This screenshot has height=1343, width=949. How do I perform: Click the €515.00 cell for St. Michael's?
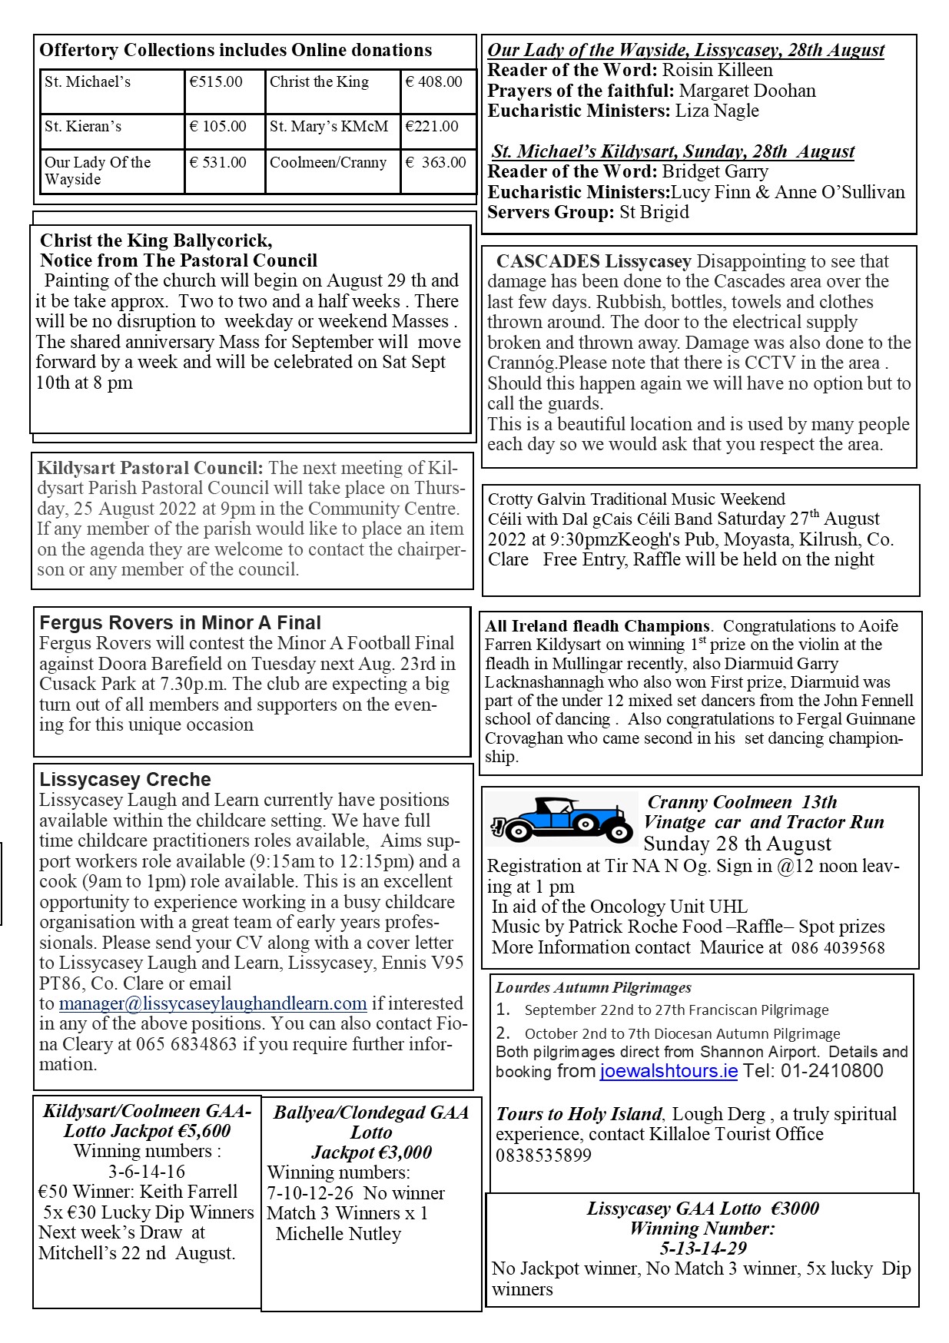point(217,82)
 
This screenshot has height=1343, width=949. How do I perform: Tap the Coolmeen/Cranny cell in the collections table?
point(328,163)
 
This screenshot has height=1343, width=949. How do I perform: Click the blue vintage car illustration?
point(560,821)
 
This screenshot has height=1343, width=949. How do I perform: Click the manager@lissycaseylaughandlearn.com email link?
point(213,1004)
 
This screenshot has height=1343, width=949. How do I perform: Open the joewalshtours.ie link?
point(669,1071)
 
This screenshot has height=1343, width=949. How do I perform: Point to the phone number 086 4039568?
point(838,948)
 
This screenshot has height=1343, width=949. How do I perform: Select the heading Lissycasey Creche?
point(125,780)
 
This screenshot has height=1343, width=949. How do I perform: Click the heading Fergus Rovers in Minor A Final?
point(180,623)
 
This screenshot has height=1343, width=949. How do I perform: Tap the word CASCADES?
point(548,262)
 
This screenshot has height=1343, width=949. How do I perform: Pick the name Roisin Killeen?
point(718,71)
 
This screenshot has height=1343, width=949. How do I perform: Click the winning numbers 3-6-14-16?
point(147,1172)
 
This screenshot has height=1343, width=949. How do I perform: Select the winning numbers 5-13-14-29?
point(703,1248)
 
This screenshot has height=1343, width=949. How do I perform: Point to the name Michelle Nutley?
point(338,1234)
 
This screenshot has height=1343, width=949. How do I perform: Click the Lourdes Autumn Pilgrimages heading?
point(593,988)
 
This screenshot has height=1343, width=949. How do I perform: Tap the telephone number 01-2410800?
point(832,1071)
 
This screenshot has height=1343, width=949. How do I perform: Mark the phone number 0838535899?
point(543,1156)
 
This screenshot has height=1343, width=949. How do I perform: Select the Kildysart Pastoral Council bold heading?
point(150,469)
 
